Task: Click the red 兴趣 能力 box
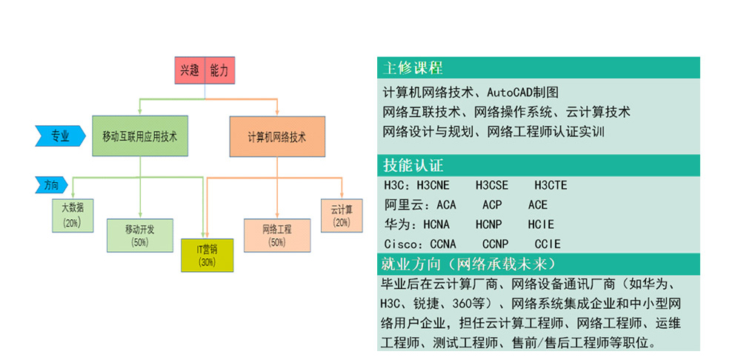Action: click(x=205, y=72)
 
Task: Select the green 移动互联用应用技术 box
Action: click(x=140, y=136)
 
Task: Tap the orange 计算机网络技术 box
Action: click(x=277, y=136)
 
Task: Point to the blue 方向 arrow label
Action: click(x=50, y=185)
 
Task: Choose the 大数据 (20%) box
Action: click(x=72, y=215)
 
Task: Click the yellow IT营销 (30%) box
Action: click(x=207, y=254)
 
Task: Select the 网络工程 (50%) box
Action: click(x=276, y=235)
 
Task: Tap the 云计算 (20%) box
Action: click(x=342, y=215)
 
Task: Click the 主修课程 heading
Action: click(x=413, y=68)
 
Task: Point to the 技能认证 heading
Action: click(x=413, y=164)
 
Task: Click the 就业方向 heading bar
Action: click(x=538, y=264)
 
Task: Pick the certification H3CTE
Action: click(x=551, y=185)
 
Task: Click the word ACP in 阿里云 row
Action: click(x=492, y=204)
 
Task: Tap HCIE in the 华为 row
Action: click(x=541, y=224)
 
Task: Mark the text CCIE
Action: click(x=548, y=244)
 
